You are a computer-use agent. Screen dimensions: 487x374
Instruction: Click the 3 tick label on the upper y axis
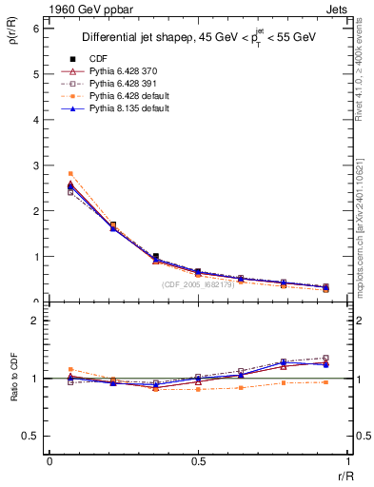click(35, 166)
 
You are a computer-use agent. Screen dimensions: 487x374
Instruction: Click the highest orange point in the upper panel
click(70, 173)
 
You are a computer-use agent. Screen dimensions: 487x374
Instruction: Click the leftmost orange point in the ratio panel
click(70, 369)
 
